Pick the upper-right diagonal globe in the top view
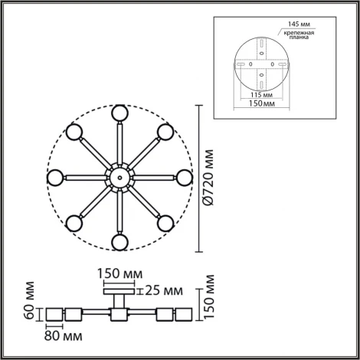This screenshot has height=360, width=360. point(163,132)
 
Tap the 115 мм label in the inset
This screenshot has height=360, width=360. point(262,95)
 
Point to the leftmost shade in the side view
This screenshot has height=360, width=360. point(54,315)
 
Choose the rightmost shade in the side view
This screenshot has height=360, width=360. point(183,315)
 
